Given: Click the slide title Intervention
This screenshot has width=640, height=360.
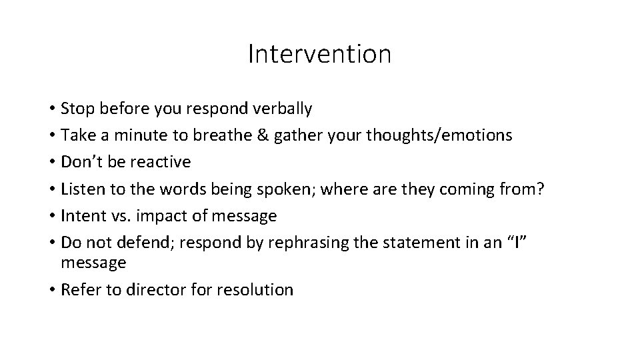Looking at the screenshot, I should pyautogui.click(x=319, y=54).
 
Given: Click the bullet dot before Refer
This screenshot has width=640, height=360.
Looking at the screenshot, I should pyautogui.click(x=51, y=291).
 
